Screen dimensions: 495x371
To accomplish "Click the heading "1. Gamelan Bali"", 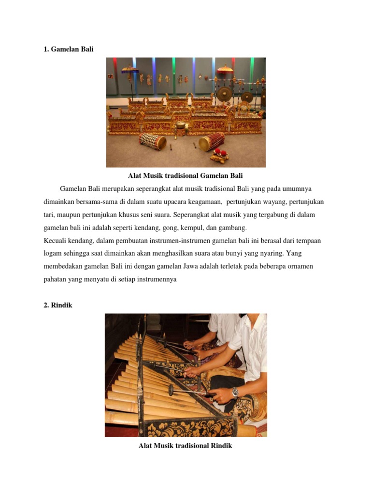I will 69,49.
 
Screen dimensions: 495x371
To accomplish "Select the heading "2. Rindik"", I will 58,305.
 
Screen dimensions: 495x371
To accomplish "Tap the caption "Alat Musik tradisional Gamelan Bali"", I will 185,175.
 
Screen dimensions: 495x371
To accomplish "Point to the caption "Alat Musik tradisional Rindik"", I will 185,446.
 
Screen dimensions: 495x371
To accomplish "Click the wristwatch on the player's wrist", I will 235,393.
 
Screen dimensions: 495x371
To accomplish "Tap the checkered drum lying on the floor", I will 153,141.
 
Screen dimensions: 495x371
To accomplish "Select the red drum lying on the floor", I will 212,141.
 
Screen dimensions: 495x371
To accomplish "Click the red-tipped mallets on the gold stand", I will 220,155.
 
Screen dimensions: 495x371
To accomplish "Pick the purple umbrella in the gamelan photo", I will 129,71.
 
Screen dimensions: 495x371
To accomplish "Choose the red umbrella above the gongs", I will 225,70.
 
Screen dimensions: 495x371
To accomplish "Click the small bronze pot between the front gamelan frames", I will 181,126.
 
